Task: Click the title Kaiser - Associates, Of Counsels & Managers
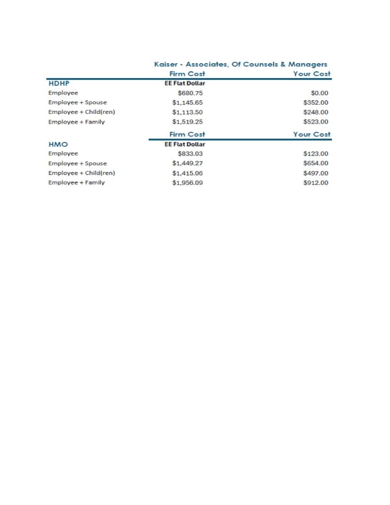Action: (240, 64)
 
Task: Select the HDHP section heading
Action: (58, 83)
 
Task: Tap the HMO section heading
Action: (58, 143)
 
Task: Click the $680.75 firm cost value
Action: (190, 93)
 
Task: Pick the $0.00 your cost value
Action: (320, 93)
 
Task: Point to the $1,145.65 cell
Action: (188, 103)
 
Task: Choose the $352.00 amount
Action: (316, 103)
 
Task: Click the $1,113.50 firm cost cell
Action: (188, 112)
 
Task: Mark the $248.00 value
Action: (316, 112)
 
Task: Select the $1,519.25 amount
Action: (188, 122)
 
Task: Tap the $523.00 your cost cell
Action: (316, 122)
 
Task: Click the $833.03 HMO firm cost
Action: (190, 154)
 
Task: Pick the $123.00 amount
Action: (316, 154)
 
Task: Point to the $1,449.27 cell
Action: (188, 163)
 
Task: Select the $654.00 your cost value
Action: (316, 163)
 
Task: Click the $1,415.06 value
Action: (188, 173)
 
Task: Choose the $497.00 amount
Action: (316, 173)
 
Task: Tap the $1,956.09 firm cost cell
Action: (188, 183)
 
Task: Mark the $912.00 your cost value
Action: (316, 183)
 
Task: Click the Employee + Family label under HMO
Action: (76, 183)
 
